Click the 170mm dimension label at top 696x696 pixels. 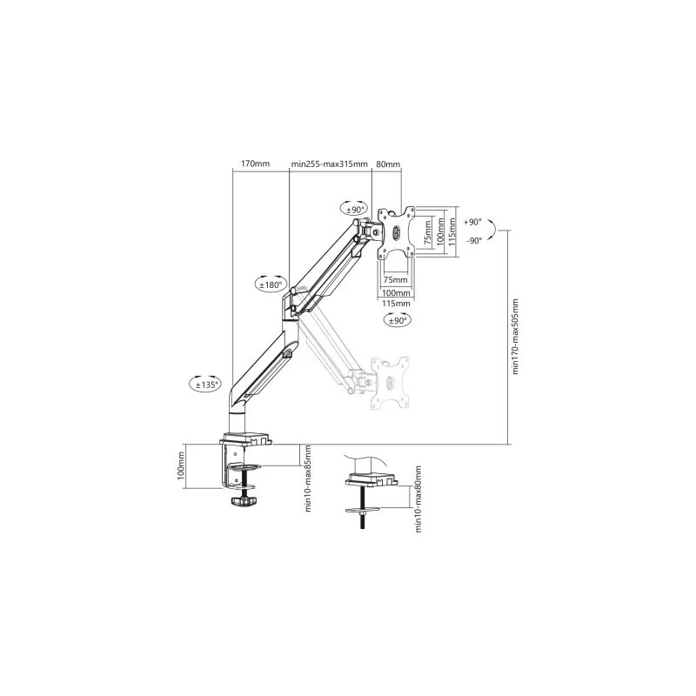pos(255,164)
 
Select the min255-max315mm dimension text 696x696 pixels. pos(330,164)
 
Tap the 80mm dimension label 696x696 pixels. pos(388,164)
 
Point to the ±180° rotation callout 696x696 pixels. pos(271,284)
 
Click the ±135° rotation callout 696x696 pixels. pos(205,384)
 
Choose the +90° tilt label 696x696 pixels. pos(472,222)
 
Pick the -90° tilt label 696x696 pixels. pos(474,241)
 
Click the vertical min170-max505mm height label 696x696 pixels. pos(515,337)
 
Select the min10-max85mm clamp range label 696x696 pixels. pos(308,478)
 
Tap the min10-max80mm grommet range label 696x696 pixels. pos(418,499)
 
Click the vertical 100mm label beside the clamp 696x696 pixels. pos(181,465)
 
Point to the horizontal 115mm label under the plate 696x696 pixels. pos(396,304)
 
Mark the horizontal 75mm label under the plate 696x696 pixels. pos(395,279)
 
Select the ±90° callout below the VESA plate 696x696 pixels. pos(398,319)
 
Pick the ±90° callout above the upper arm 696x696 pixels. pos(354,208)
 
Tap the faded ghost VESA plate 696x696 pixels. pos(390,383)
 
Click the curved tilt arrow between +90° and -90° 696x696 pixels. pos(493,231)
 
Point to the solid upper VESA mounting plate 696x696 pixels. pos(396,233)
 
